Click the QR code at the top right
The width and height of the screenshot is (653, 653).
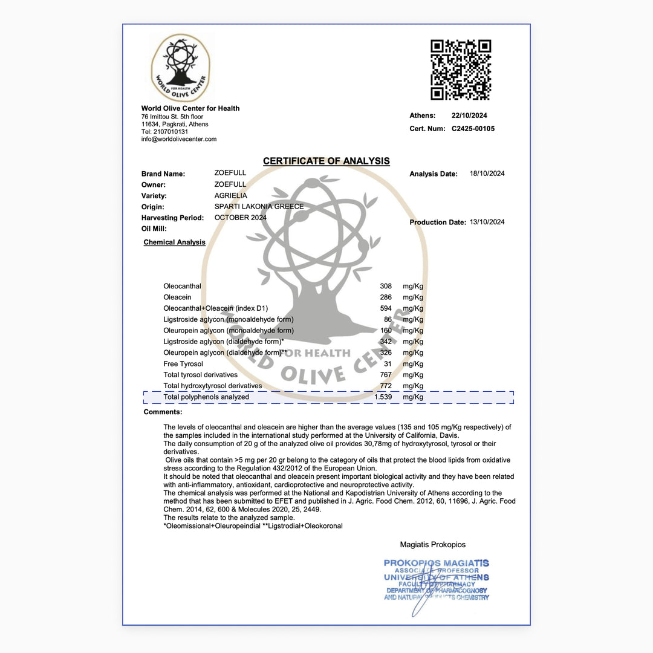coord(461,70)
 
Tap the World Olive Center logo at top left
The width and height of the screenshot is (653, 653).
coord(181,68)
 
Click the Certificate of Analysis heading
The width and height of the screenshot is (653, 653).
coord(326,161)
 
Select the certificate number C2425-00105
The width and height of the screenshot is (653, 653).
coord(473,129)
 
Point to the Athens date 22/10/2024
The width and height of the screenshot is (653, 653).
coord(469,115)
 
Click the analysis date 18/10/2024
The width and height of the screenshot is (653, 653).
coord(487,174)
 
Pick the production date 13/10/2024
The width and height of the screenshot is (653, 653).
coord(487,222)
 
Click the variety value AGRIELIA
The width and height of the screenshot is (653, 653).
coord(230,195)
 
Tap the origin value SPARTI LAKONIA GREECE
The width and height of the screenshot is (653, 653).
coord(259,206)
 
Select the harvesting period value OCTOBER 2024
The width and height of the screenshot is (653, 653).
coord(240,217)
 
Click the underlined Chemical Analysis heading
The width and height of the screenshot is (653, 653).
coord(174,242)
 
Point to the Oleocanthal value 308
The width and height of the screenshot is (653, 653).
coord(386,286)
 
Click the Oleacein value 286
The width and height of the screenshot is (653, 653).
coord(386,297)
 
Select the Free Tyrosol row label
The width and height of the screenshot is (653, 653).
coord(183,364)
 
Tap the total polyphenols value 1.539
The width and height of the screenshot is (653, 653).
coord(383,397)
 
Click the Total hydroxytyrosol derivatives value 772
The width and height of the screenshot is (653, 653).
coord(386,386)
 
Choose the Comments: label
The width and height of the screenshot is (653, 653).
coord(163,412)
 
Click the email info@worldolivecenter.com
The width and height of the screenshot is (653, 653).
coord(179,139)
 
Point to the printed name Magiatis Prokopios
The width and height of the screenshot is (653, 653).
coord(432,545)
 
